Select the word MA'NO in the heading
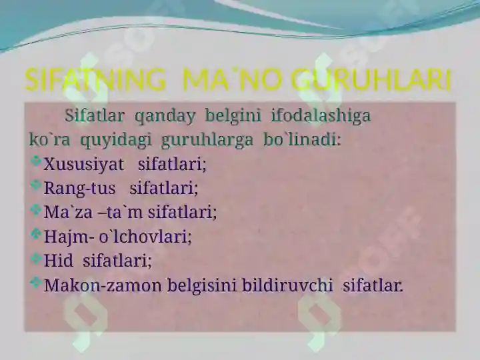click(229, 81)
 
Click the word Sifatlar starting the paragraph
click(95, 116)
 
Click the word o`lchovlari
click(145, 237)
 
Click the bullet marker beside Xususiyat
click(36, 161)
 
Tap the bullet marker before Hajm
click(36, 233)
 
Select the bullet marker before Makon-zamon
click(36, 282)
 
